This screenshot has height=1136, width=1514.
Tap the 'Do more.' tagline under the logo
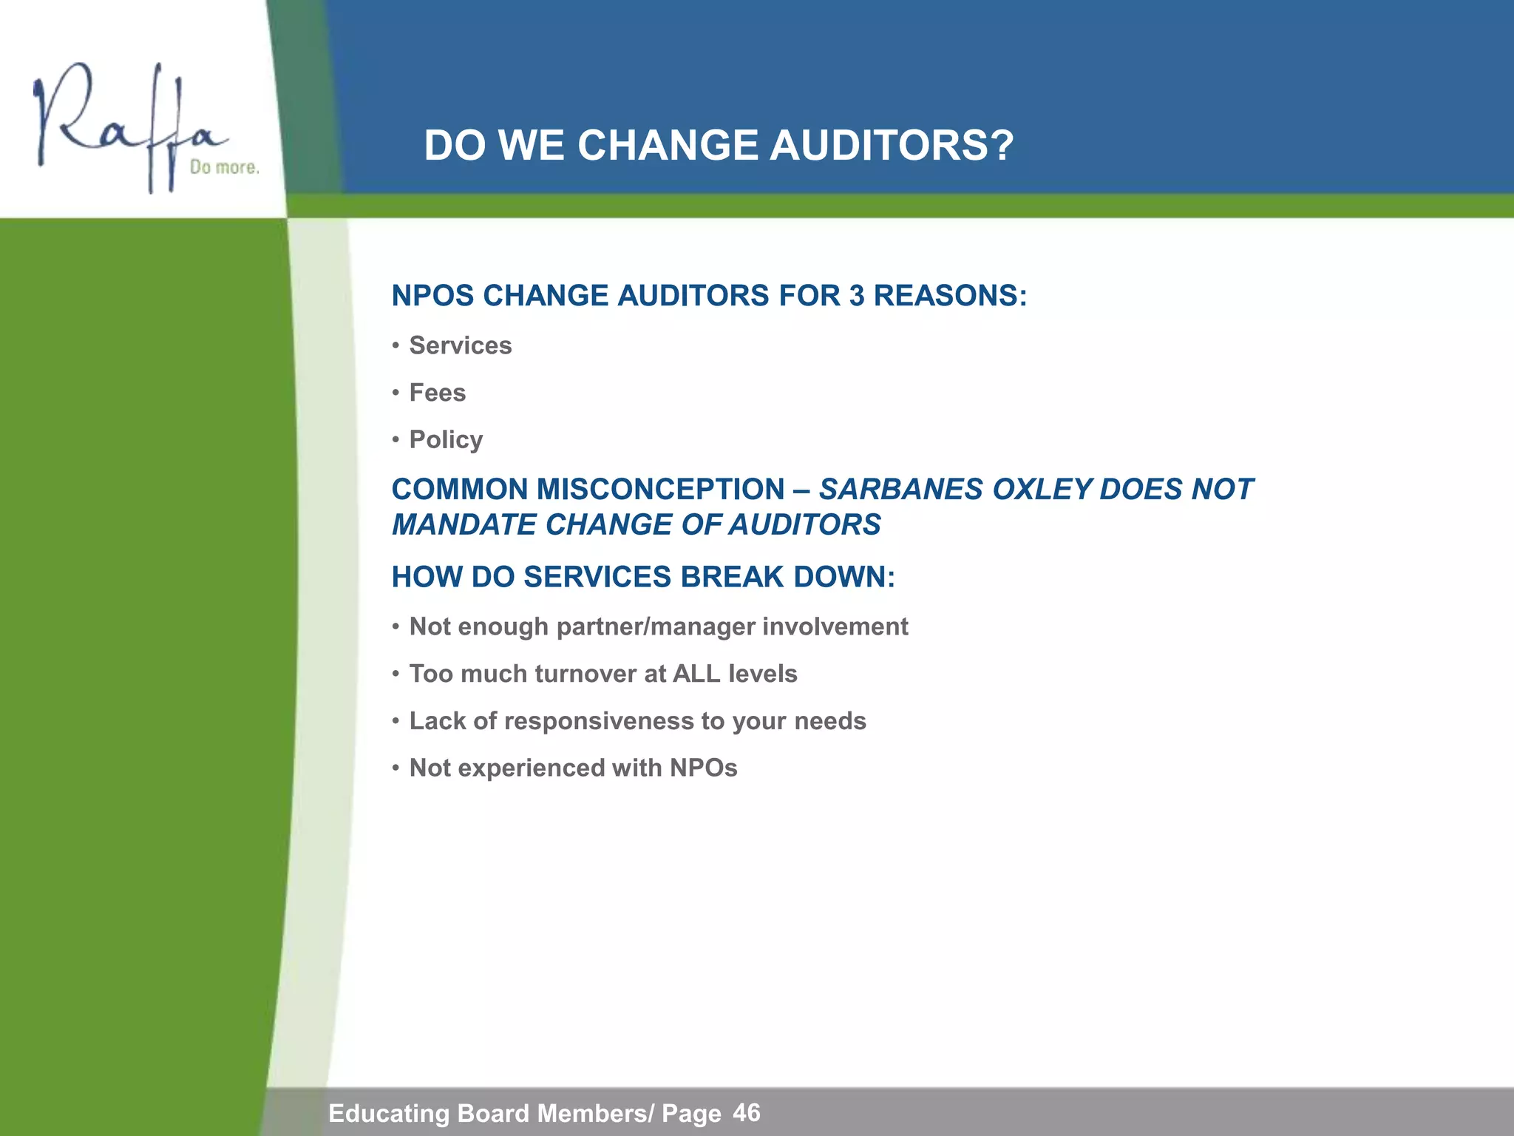coord(224,168)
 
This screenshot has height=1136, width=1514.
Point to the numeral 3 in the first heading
coord(857,296)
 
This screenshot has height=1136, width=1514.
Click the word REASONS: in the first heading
coord(950,296)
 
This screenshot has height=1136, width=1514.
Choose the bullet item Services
coord(460,345)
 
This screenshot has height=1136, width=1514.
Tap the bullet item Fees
coord(437,393)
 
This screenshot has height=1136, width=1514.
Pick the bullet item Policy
coord(446,440)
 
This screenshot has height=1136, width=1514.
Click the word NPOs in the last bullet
coord(703,768)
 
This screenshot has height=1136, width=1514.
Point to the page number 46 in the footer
coord(746,1112)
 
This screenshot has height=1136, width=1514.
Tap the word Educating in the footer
coord(389,1113)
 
